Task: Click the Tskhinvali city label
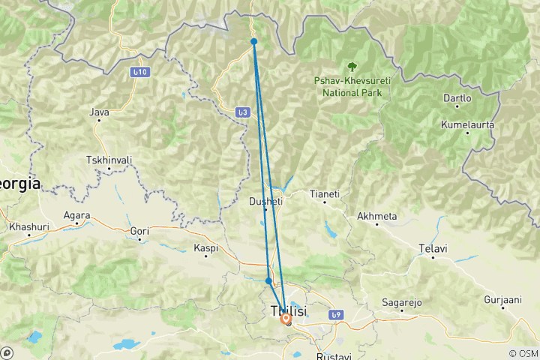coord(109,160)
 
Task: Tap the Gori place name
coord(140,232)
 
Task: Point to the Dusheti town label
coord(265,201)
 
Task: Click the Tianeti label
coord(325,193)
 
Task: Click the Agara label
coord(77,215)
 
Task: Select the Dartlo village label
coord(457,98)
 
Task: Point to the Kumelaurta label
coord(467,124)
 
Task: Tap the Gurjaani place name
coord(499,299)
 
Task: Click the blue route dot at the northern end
coord(254,41)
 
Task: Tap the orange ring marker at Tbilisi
coord(286,318)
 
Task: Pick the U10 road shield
coord(139,72)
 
